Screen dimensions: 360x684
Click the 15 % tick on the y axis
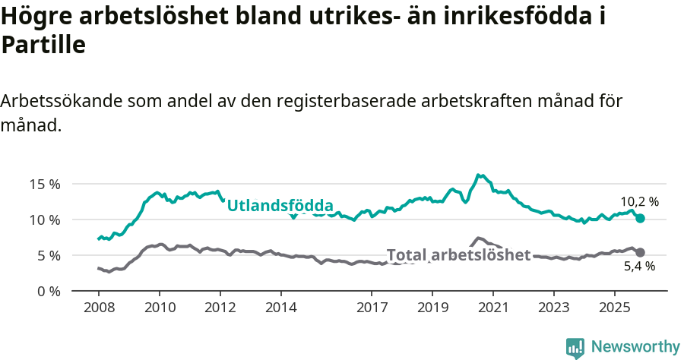(x=45, y=184)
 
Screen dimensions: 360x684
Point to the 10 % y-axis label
(x=45, y=219)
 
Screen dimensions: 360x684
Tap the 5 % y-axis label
(x=48, y=255)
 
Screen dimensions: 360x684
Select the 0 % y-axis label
(x=48, y=291)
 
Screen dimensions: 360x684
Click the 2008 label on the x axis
(x=99, y=308)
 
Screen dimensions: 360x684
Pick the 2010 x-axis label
(x=160, y=308)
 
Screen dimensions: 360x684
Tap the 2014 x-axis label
(x=280, y=308)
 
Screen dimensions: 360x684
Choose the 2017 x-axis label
(x=372, y=308)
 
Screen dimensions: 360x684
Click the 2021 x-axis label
(x=492, y=308)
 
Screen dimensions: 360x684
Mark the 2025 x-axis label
(x=614, y=308)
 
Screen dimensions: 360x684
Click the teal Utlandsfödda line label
(x=280, y=206)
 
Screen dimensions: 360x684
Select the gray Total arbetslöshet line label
(x=458, y=255)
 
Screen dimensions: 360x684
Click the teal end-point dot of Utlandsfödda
(x=640, y=218)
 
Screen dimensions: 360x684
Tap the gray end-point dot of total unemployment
(x=640, y=252)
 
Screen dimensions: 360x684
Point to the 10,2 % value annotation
(x=639, y=202)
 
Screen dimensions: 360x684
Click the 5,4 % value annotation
(x=639, y=267)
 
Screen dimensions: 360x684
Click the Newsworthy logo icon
(x=575, y=348)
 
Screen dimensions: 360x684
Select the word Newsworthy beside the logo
(x=635, y=347)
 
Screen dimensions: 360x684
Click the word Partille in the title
(x=43, y=46)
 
